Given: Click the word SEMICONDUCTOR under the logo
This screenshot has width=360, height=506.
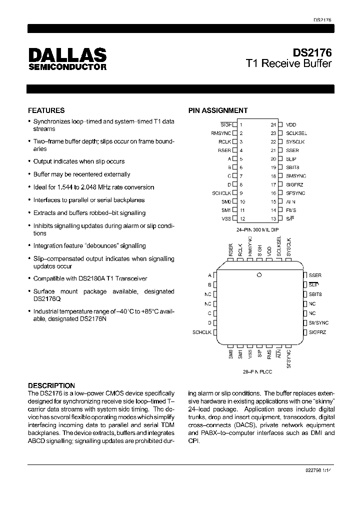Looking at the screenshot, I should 66,67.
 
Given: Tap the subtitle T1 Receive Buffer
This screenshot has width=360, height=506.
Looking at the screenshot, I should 288,64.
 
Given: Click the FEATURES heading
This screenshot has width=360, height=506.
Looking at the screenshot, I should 46,110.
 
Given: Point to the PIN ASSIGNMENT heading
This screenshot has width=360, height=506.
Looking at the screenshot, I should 217,110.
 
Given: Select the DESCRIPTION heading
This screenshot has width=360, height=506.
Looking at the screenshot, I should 51,385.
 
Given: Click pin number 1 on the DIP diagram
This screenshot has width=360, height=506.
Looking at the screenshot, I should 241,124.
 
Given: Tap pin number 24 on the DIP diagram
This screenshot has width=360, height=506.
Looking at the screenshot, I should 273,124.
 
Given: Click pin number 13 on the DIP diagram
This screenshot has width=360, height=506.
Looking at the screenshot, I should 273,218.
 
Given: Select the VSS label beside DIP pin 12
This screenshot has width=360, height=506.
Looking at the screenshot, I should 226,218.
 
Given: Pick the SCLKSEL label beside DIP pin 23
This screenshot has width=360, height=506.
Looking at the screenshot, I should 296,133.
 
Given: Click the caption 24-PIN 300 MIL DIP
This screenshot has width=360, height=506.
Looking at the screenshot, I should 257,229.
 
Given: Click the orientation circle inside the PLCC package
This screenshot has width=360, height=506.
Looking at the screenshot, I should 259,274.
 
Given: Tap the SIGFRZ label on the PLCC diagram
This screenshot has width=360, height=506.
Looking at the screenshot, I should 317,332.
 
